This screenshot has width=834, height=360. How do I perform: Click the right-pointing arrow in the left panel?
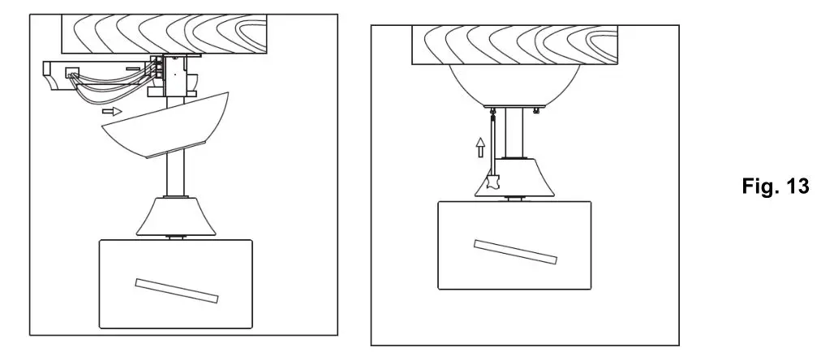point(113,111)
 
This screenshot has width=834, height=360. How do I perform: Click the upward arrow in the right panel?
point(480,147)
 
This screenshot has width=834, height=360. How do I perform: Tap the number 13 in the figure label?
point(792,186)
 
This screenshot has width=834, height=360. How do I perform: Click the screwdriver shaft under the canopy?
point(492,142)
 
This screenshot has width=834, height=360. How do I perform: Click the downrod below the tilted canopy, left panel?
point(174,175)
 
